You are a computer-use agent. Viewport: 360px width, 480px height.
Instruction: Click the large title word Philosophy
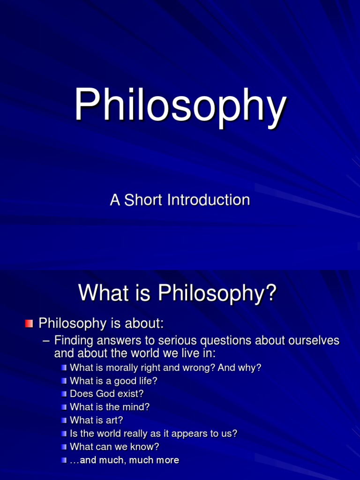click(180, 106)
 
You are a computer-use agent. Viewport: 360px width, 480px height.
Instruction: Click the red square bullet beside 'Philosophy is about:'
click(29, 323)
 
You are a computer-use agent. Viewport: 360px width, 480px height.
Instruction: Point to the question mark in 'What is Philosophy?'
click(271, 293)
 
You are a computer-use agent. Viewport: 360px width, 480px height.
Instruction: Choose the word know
click(146, 447)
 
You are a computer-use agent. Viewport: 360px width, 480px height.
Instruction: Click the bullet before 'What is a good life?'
click(64, 381)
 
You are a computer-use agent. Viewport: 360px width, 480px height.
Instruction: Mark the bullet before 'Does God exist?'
click(64, 394)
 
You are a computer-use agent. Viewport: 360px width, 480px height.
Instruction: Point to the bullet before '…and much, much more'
click(64, 460)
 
